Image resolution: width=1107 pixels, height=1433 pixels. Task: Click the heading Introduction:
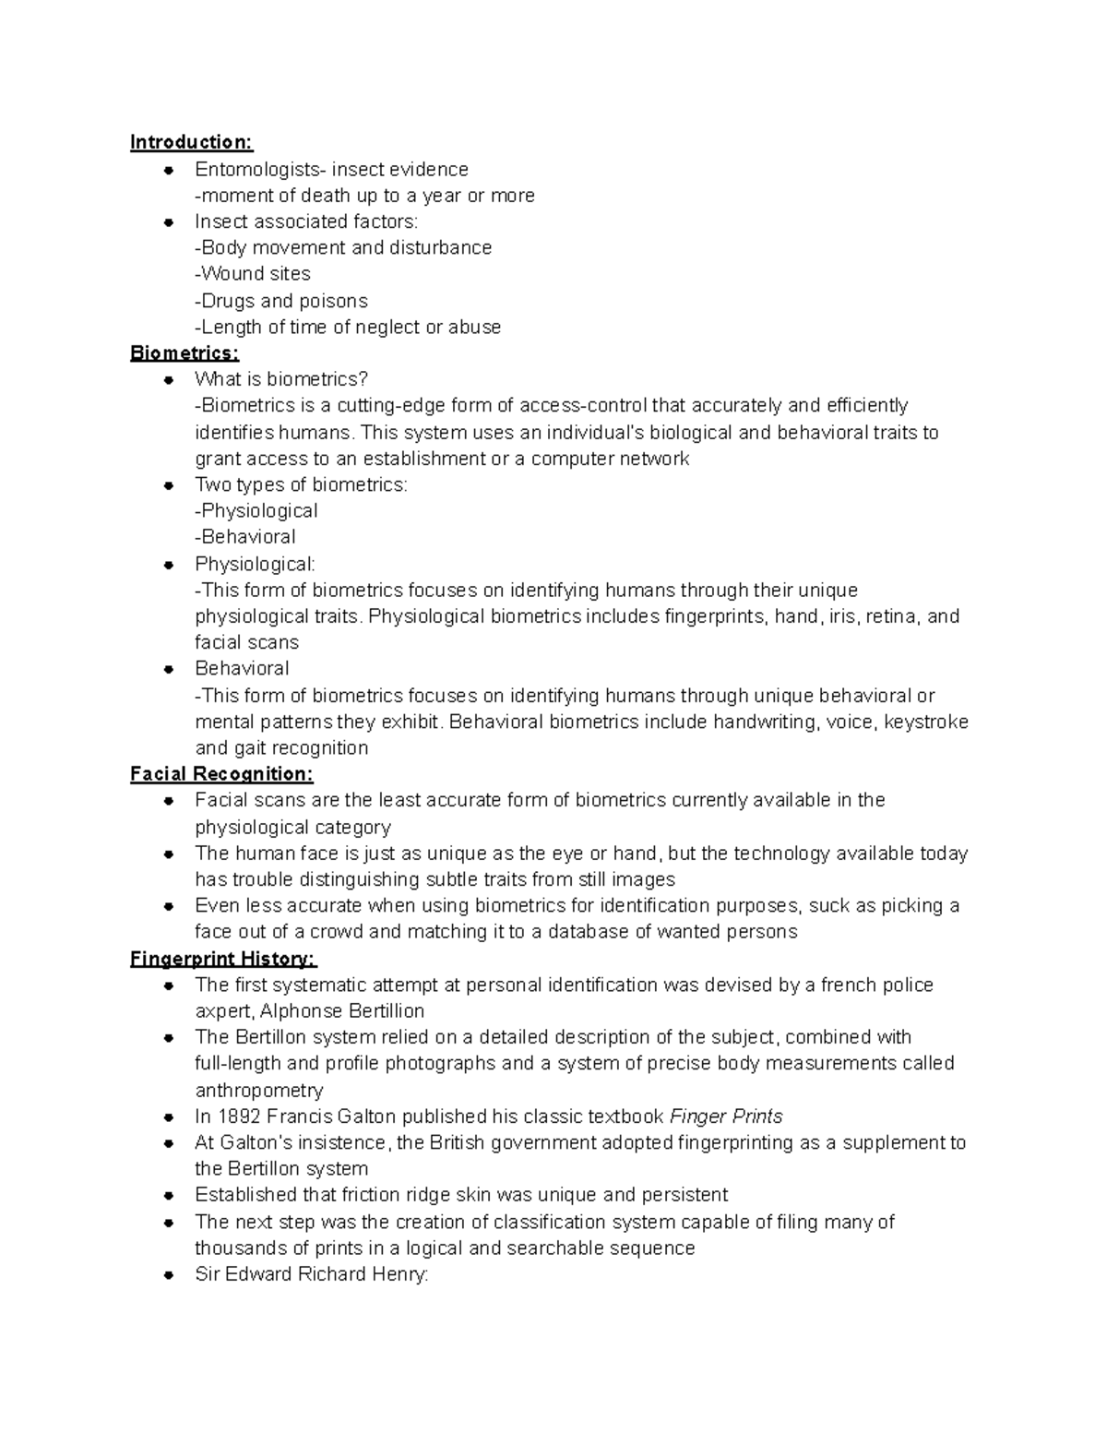coord(191,142)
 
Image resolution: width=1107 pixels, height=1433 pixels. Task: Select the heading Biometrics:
coord(184,352)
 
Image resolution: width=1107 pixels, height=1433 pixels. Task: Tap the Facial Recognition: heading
coord(221,774)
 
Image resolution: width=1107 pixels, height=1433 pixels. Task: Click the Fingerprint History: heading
coord(223,959)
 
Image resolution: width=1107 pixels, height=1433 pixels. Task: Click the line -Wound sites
coord(253,274)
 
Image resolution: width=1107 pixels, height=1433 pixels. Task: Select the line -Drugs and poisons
coord(281,301)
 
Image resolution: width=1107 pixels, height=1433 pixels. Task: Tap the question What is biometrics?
coord(281,379)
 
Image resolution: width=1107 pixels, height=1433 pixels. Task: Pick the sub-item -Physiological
coord(256,511)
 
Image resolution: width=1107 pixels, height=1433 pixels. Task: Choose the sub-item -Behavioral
coord(245,537)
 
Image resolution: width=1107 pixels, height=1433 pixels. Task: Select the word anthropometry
coord(259,1091)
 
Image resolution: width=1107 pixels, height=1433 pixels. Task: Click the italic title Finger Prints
coord(726,1117)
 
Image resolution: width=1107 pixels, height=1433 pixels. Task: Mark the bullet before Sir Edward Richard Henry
coord(169,1275)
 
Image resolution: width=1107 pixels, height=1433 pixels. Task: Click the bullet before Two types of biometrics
coord(169,484)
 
